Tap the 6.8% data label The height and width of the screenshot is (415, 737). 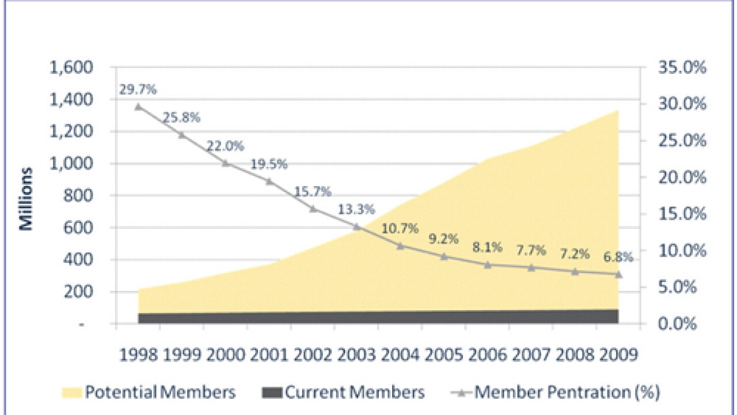tap(618, 257)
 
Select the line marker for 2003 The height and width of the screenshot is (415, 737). tap(356, 227)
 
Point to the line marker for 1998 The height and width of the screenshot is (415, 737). tap(138, 107)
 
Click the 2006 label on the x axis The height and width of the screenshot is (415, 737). tap(487, 354)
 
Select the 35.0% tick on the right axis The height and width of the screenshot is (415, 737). tap(681, 68)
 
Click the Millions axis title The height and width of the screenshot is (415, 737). tap(26, 199)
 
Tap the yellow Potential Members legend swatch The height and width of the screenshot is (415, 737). tap(71, 393)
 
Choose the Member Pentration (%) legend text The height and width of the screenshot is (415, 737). tap(567, 393)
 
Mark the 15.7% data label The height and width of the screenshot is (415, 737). tap(313, 192)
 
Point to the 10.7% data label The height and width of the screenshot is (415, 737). tap(400, 229)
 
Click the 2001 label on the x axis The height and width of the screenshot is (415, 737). tap(269, 354)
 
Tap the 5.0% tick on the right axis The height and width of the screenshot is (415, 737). tap(682, 287)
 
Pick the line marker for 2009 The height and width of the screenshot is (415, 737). tap(618, 274)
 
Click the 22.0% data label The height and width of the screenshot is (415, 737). tap(226, 146)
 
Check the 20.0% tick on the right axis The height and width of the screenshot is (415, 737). tap(681, 178)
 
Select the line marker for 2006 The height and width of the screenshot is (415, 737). tap(487, 265)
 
